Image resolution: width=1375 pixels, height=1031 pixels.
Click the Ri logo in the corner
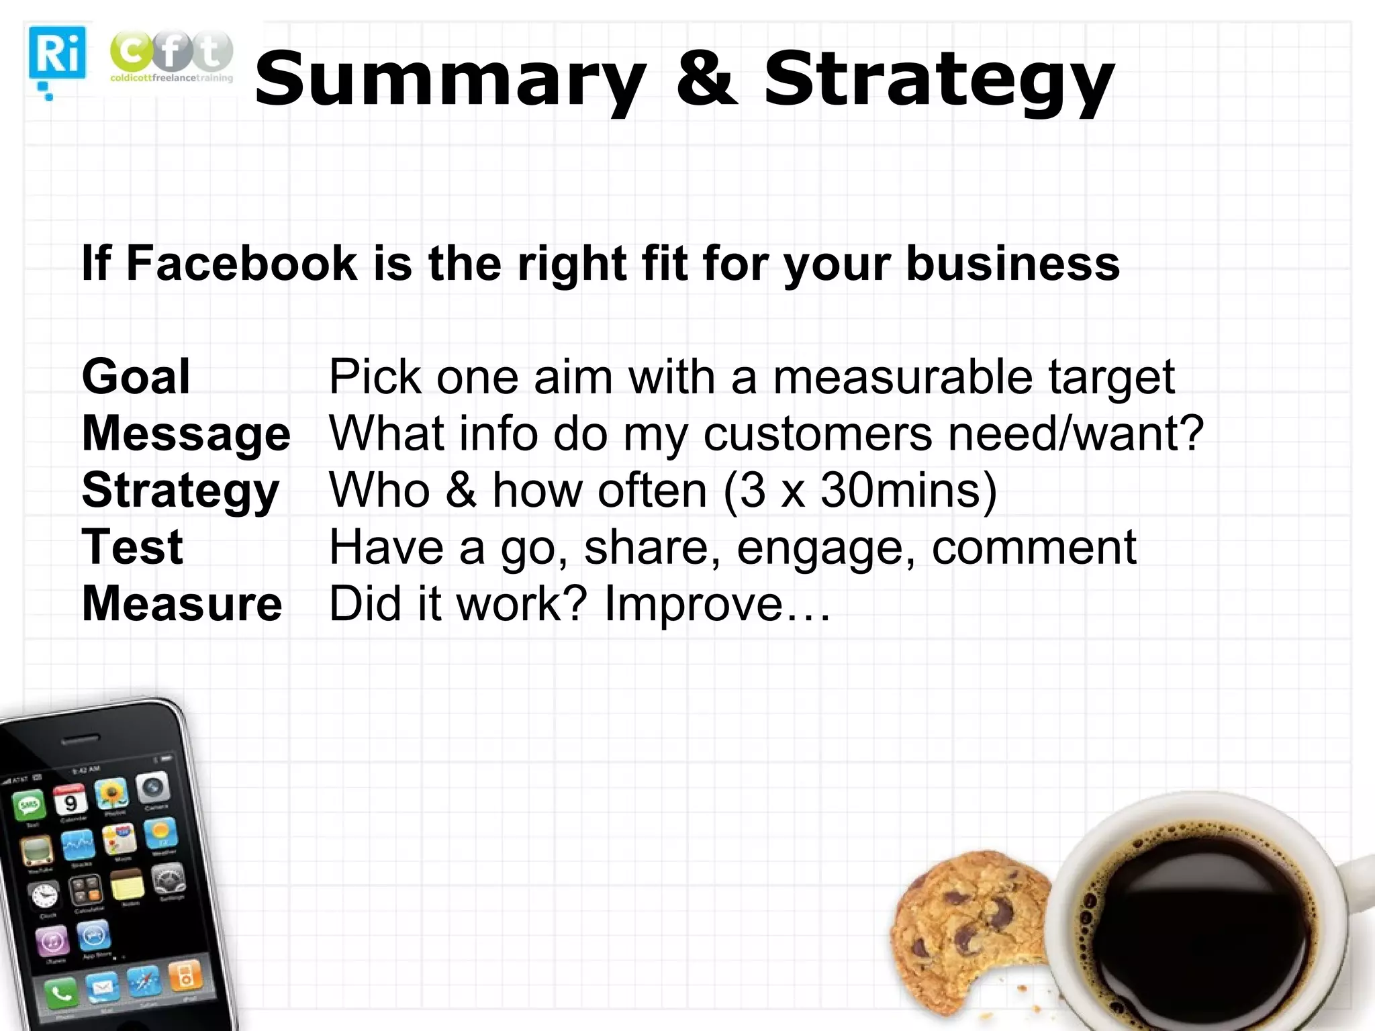tap(57, 54)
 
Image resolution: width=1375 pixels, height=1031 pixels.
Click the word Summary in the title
tap(451, 81)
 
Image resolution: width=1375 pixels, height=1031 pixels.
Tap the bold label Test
tap(132, 546)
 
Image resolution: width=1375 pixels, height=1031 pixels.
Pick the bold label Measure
tap(182, 603)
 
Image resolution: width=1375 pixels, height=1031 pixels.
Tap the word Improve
tap(694, 604)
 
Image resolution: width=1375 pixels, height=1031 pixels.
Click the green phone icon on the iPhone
tap(61, 992)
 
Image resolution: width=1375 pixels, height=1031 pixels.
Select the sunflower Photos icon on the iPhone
tap(111, 795)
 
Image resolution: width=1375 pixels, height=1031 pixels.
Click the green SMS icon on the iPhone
tap(30, 805)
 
